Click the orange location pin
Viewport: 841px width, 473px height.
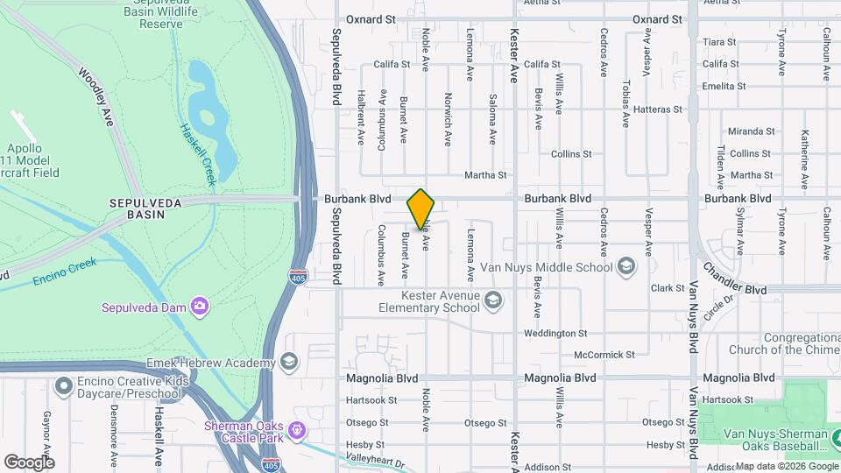(420, 208)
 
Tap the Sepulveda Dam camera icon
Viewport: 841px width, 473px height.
(201, 306)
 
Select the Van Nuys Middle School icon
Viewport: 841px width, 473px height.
(625, 265)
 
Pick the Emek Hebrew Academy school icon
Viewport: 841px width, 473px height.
(288, 362)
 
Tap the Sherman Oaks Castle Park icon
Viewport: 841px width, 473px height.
(298, 430)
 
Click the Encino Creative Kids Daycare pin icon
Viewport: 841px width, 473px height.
(62, 385)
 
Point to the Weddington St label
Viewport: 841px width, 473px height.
(555, 333)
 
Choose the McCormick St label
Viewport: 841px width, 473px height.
(604, 355)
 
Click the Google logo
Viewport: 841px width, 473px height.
(29, 462)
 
